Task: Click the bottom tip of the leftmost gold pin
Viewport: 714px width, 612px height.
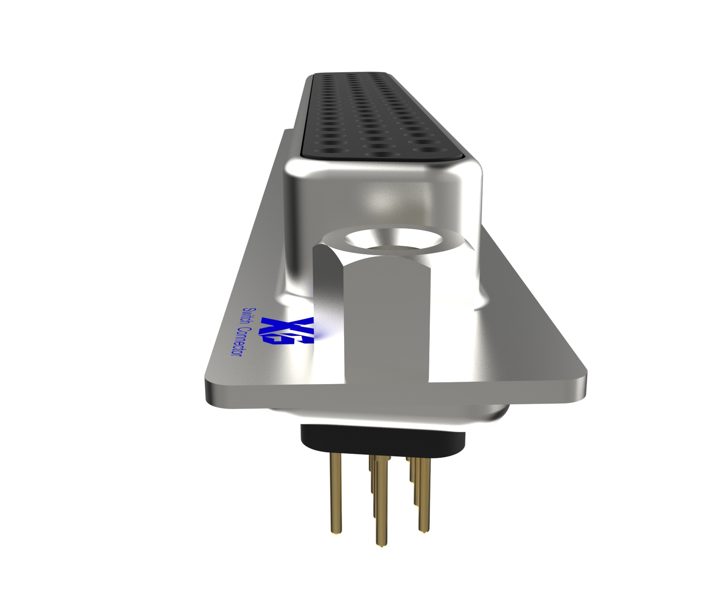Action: (336, 531)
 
